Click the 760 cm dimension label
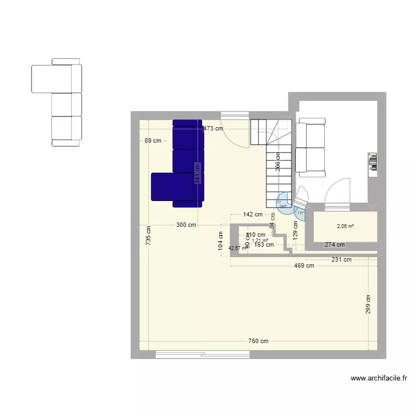pos(258,341)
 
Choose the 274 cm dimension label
pos(334,245)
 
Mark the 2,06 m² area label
pos(345,226)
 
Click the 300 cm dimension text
pos(186,225)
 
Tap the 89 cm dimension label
pos(153,140)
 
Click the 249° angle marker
pos(283,205)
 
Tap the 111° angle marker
pos(301,213)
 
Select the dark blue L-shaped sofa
pos(182,165)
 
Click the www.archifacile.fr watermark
pos(378,378)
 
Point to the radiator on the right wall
pos(373,163)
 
